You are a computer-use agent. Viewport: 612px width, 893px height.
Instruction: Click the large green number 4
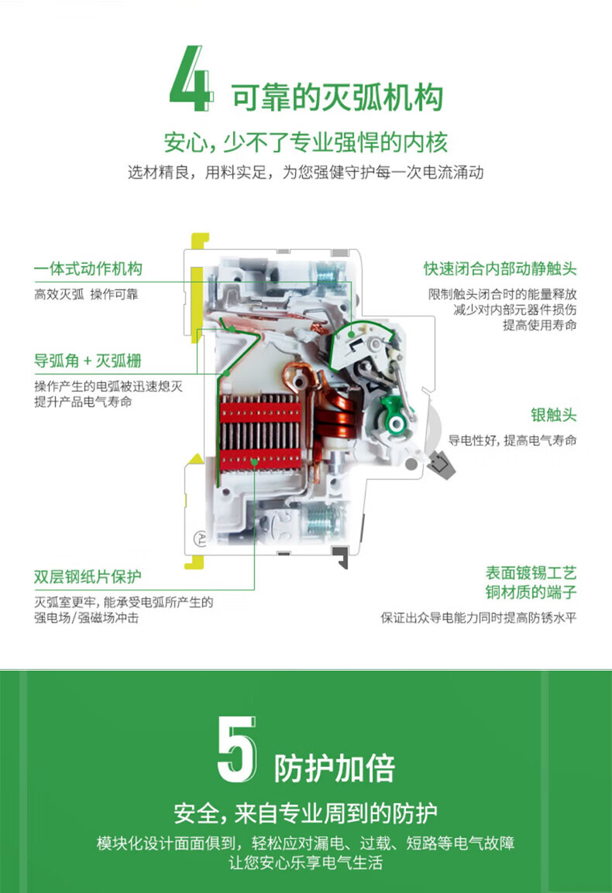point(191,79)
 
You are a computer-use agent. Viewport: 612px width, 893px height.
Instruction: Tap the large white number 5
point(237,749)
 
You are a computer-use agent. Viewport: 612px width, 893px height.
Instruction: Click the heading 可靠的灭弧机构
point(337,97)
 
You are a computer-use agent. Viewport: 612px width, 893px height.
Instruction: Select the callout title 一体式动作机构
point(88,269)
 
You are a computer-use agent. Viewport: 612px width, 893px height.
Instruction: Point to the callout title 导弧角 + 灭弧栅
point(88,361)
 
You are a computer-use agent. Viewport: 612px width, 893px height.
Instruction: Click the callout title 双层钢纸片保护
point(88,577)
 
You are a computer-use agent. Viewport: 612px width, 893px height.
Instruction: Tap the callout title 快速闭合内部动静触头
point(500,269)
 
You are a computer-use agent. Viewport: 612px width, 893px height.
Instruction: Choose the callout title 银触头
point(553,415)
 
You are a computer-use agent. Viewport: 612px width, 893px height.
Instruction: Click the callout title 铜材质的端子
point(531,592)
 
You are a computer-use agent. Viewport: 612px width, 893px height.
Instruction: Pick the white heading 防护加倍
point(335,768)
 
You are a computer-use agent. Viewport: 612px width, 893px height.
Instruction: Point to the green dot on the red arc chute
point(254,462)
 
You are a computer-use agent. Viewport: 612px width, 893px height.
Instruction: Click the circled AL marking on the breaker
point(200,538)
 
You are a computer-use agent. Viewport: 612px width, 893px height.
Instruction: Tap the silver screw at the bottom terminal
point(323,520)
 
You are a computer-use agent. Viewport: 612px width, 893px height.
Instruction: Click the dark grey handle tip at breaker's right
point(442,465)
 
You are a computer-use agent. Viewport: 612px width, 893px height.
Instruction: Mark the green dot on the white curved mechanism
point(352,335)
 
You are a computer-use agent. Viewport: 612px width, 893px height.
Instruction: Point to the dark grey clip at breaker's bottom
point(341,557)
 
